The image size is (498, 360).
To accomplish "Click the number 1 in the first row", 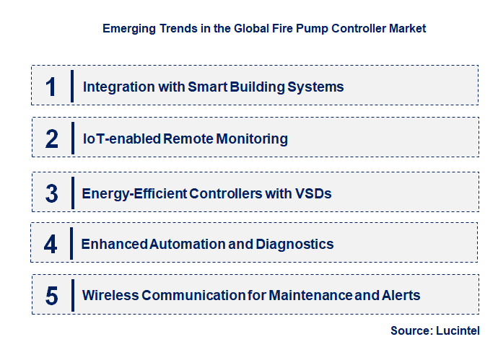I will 51,87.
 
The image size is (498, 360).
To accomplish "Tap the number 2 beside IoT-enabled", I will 51,139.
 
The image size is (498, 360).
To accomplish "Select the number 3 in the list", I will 51,193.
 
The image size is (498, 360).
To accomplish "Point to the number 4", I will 51,244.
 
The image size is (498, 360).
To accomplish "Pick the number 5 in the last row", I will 51,295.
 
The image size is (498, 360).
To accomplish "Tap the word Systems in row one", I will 315,87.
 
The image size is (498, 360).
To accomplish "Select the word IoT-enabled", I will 121,139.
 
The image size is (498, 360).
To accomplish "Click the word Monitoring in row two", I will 251,139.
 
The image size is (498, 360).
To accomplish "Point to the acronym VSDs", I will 314,193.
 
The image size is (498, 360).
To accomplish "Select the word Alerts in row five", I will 400,295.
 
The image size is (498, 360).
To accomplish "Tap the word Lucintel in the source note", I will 458,330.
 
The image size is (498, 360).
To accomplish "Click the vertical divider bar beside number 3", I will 72,192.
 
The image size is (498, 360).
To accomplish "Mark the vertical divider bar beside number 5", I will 72,294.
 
